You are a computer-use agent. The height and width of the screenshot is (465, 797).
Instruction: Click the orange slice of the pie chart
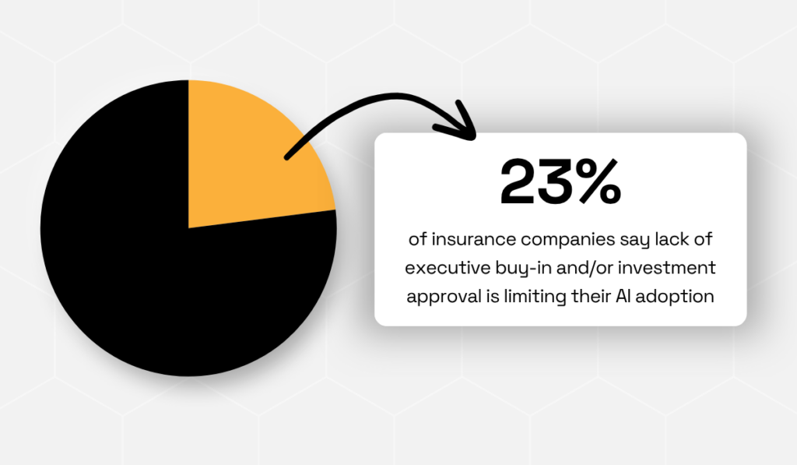[249, 156]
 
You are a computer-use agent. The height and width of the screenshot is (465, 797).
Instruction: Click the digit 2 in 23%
[521, 181]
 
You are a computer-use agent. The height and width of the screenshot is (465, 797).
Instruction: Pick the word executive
[441, 268]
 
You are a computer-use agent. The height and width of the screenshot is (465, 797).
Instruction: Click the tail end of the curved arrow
[287, 158]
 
